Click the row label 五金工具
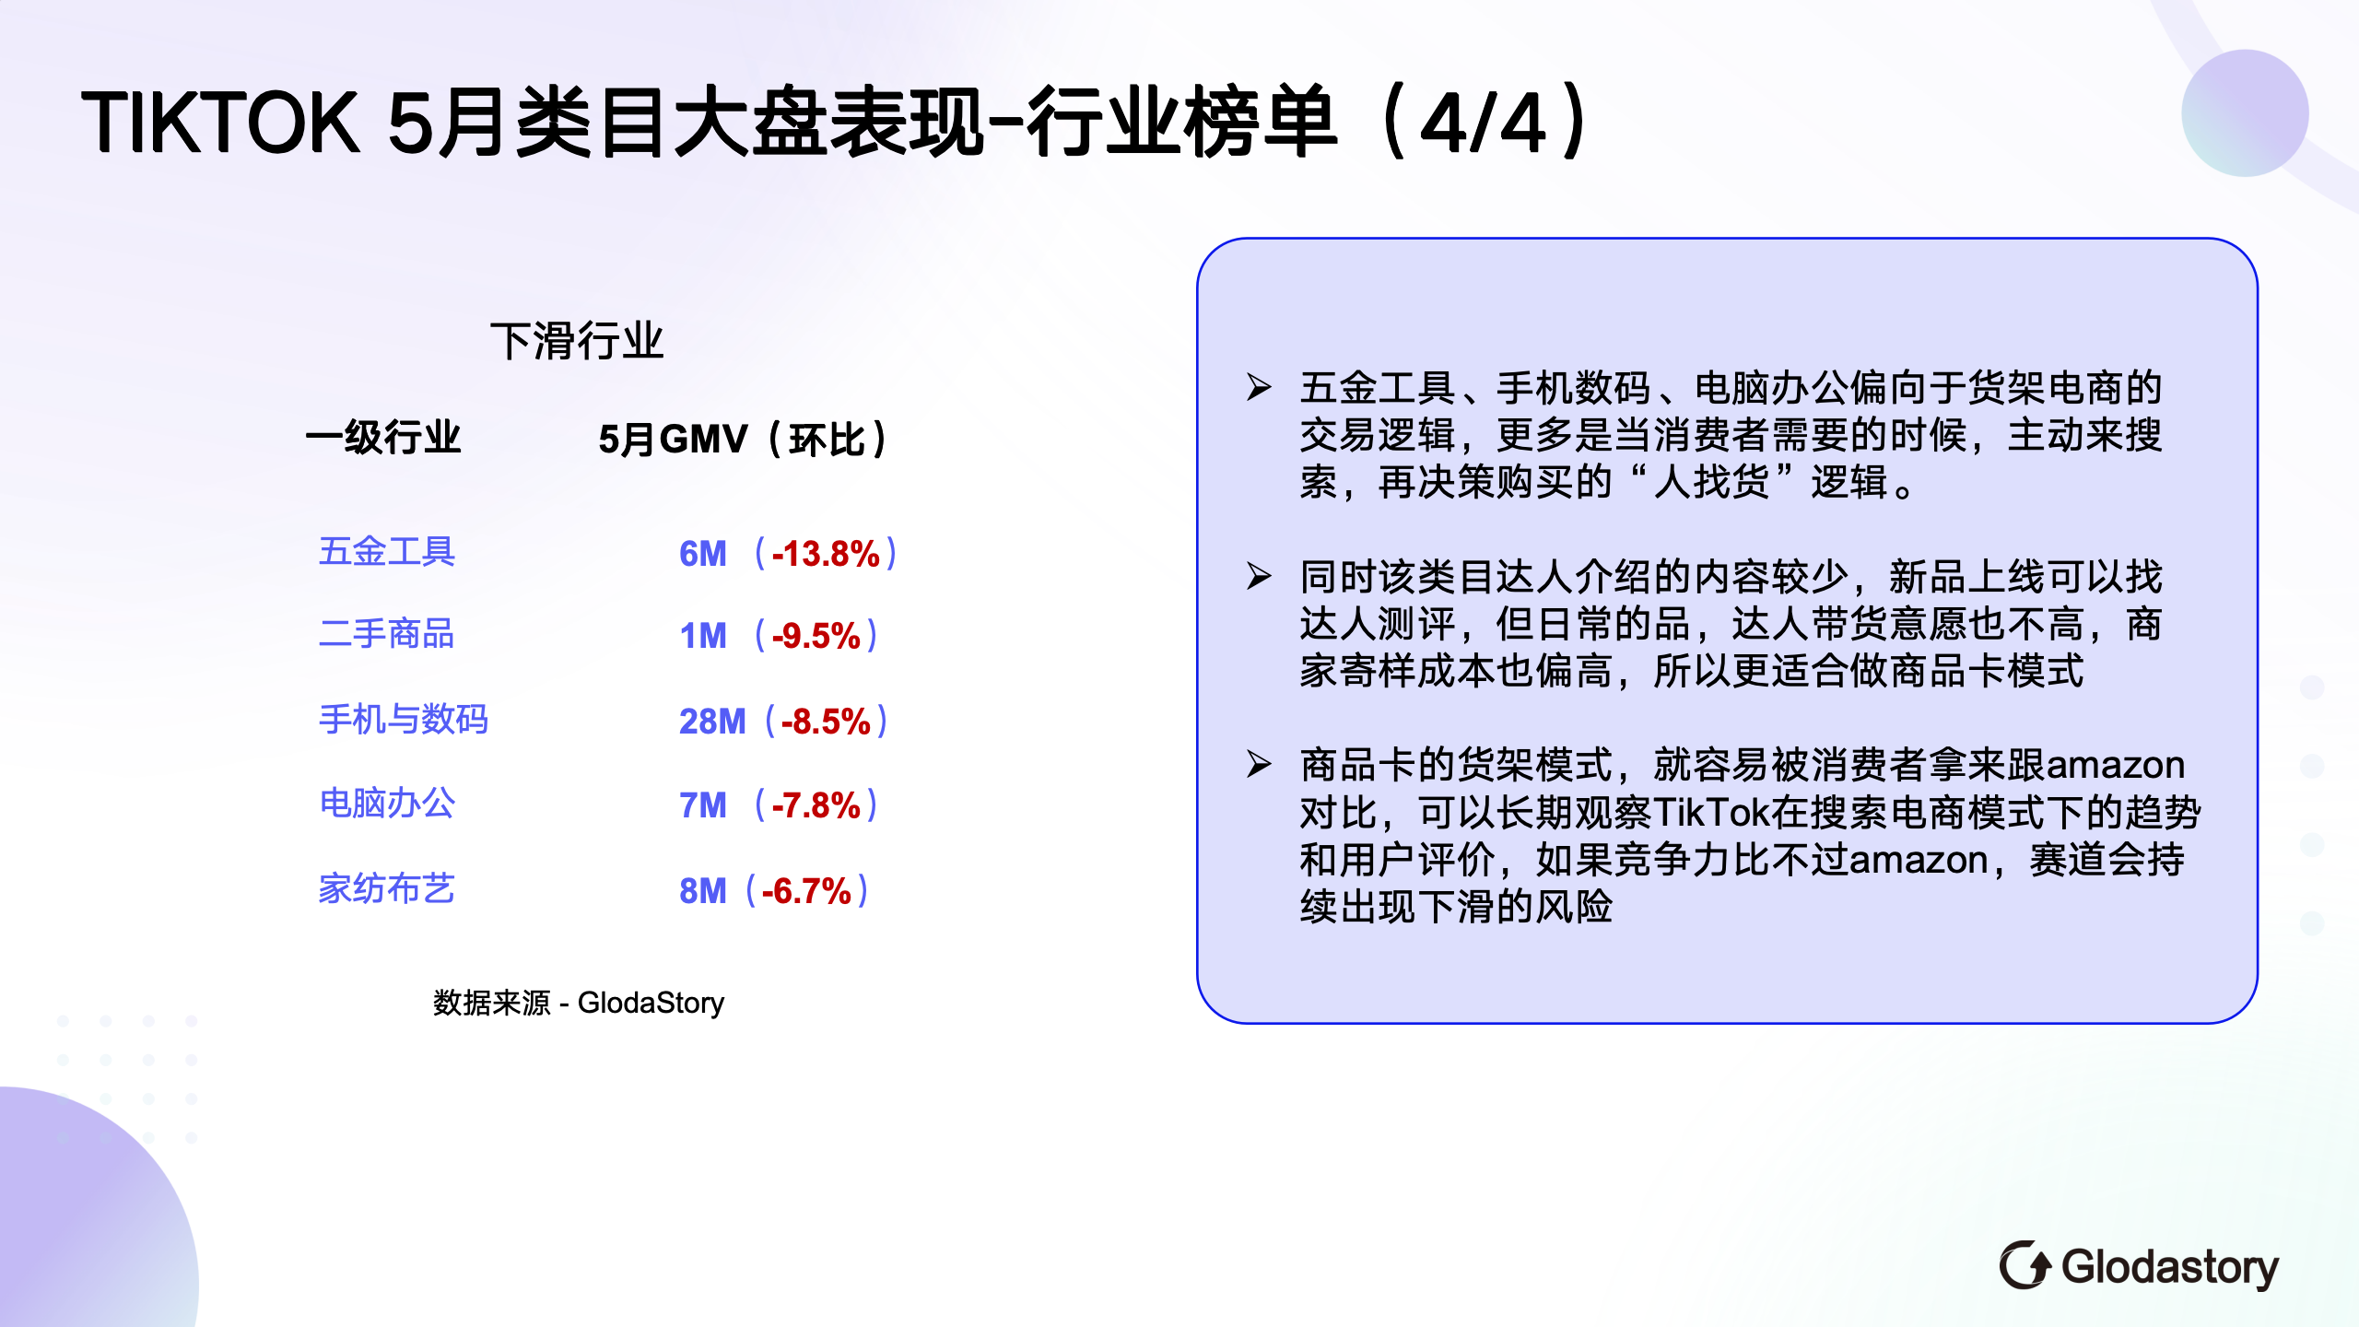[x=387, y=552]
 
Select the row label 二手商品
[x=387, y=634]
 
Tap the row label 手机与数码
[x=404, y=720]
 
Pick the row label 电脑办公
[x=387, y=804]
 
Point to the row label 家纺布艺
[x=387, y=889]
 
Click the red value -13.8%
[x=826, y=554]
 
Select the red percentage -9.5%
[x=816, y=636]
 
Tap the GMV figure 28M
[x=712, y=722]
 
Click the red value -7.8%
[x=816, y=805]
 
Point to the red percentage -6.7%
[x=806, y=891]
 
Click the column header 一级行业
[x=383, y=438]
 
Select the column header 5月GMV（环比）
[x=743, y=439]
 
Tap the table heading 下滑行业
[x=577, y=341]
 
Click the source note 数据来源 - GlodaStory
[x=579, y=1003]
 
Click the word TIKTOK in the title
[x=219, y=122]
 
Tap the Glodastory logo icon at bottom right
[x=2025, y=1265]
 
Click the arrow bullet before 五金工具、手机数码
[x=1259, y=387]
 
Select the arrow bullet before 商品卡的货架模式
[x=1259, y=764]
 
